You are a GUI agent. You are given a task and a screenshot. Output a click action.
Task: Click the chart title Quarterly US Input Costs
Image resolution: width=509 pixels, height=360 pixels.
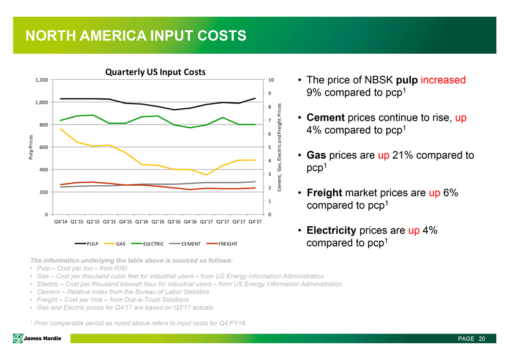click(155, 72)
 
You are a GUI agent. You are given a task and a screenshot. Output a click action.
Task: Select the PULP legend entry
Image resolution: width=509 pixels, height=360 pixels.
click(95, 244)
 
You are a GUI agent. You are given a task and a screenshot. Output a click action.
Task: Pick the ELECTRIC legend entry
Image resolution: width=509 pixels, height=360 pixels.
click(151, 244)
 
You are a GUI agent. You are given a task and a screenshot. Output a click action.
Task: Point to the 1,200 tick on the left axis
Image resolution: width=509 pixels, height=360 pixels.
click(40, 80)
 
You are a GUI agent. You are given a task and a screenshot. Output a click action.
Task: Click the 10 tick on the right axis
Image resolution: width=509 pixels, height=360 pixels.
click(271, 80)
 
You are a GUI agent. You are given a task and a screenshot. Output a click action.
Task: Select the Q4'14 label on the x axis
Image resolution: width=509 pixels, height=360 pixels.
click(60, 222)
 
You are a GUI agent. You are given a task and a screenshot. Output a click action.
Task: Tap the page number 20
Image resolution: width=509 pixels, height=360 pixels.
click(481, 338)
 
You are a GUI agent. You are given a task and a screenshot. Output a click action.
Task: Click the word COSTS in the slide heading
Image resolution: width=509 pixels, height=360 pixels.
click(216, 36)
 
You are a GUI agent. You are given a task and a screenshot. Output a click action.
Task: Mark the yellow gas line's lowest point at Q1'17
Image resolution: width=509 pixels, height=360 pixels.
click(206, 175)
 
